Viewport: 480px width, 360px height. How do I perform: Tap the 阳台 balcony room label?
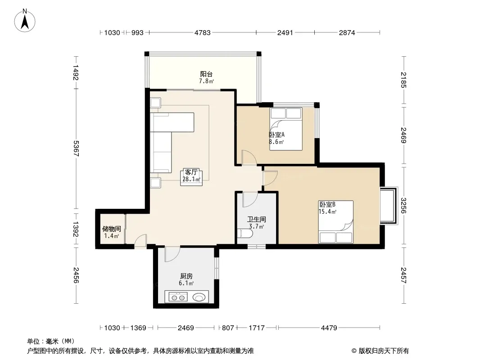[x=206, y=74]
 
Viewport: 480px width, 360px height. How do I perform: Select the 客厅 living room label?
[x=191, y=172]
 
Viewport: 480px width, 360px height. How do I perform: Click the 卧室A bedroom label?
[x=277, y=135]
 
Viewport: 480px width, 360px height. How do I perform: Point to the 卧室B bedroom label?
[x=327, y=204]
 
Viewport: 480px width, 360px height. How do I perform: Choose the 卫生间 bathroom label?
[x=257, y=219]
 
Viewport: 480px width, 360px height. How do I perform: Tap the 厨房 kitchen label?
[x=186, y=276]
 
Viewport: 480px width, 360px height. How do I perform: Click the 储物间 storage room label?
[x=111, y=229]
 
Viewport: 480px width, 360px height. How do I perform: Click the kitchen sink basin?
[x=199, y=297]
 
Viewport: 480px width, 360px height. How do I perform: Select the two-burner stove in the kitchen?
[x=178, y=297]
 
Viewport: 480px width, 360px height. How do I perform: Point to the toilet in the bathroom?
[x=245, y=234]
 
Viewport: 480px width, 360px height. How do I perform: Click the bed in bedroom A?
[x=286, y=129]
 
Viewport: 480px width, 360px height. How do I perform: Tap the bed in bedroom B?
[x=336, y=222]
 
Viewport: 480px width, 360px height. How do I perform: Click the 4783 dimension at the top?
[x=203, y=32]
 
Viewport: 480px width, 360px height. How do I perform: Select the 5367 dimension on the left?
[x=76, y=148]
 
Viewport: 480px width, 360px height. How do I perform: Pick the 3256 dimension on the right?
[x=404, y=206]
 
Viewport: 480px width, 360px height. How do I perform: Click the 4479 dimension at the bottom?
[x=329, y=328]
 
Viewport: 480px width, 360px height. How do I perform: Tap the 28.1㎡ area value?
[x=191, y=180]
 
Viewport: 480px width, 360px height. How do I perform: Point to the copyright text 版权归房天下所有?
[x=384, y=351]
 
